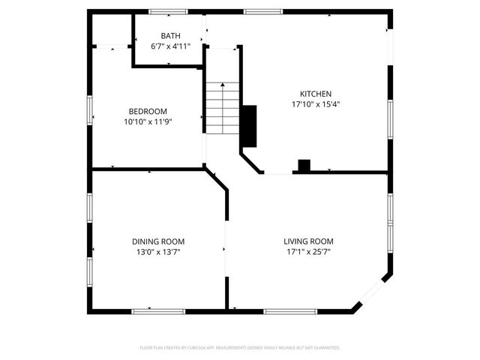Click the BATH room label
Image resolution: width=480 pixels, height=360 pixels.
(170, 36)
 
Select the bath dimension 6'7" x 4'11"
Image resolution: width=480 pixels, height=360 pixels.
(170, 46)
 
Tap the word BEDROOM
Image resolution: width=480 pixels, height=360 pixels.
(148, 111)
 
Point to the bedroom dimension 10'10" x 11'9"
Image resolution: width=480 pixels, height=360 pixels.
(148, 121)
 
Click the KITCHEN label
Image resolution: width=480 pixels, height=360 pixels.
(316, 94)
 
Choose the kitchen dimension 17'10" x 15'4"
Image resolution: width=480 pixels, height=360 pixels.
(316, 104)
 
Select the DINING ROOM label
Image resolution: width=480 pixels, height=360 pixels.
(158, 241)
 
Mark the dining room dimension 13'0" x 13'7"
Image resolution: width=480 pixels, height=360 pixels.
(158, 252)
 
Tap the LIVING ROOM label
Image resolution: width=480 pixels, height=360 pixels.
(308, 241)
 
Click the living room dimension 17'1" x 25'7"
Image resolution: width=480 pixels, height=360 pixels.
(308, 252)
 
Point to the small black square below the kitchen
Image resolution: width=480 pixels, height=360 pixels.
(304, 166)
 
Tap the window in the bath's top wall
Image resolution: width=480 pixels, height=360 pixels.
(168, 11)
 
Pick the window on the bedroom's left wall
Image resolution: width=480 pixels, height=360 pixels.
(91, 109)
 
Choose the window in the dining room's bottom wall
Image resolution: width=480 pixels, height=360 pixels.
(164, 310)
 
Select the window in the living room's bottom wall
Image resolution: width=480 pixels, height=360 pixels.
(283, 310)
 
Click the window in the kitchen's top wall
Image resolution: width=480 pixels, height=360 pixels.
(263, 11)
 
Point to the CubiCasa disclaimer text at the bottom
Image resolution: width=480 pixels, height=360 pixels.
(240, 348)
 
